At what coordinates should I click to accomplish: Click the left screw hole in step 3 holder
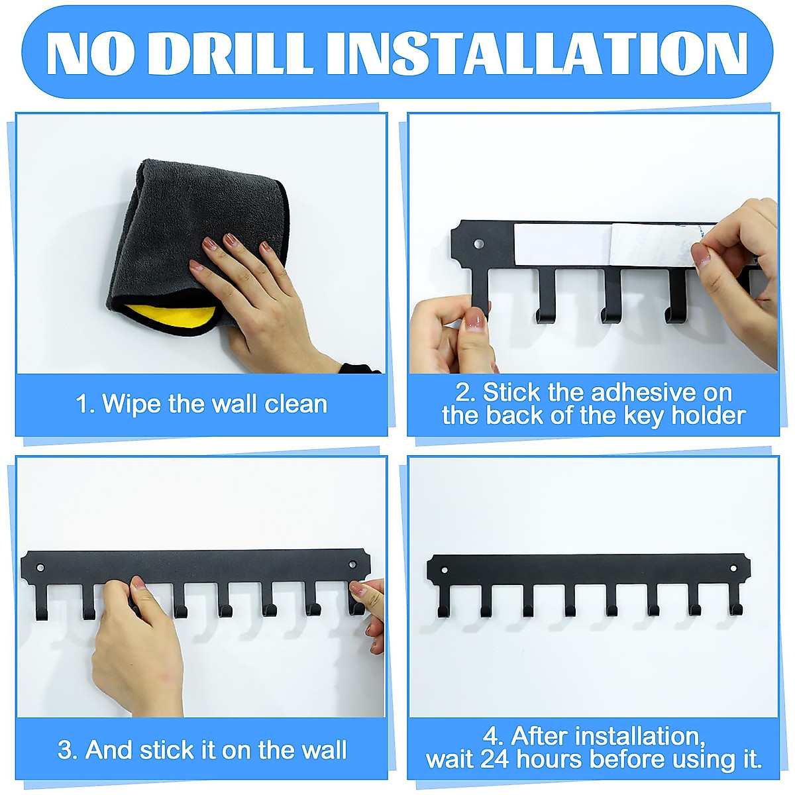pos(40,568)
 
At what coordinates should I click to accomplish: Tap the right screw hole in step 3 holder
pos(352,564)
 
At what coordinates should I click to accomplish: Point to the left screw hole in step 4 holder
pos(444,569)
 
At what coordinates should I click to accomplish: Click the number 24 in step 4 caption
pos(495,759)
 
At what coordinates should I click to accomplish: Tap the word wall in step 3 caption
pos(323,750)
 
